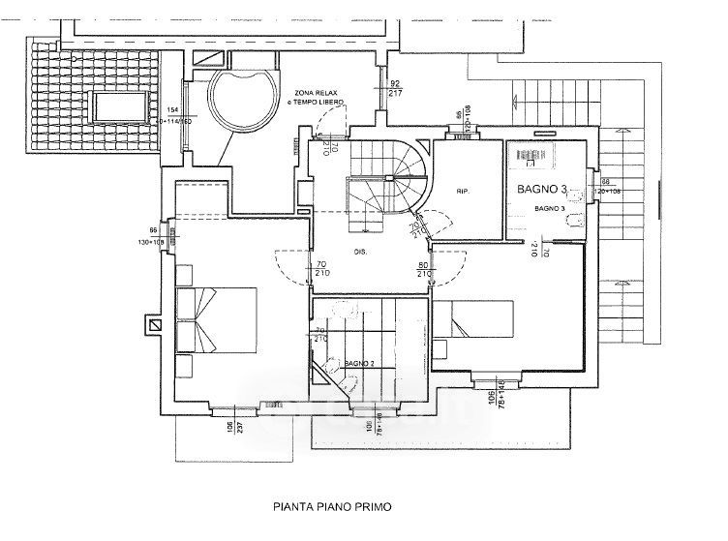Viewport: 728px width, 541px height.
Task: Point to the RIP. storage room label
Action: (x=463, y=192)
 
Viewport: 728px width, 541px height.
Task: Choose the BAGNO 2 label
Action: (x=359, y=363)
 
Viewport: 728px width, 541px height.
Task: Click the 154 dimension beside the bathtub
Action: (x=173, y=110)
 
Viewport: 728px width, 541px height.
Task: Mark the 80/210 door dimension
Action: (x=424, y=269)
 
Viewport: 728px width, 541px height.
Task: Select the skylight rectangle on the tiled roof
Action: (x=119, y=105)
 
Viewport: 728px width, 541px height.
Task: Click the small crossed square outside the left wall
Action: (x=153, y=325)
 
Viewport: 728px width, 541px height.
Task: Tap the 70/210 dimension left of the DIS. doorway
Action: (x=319, y=269)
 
